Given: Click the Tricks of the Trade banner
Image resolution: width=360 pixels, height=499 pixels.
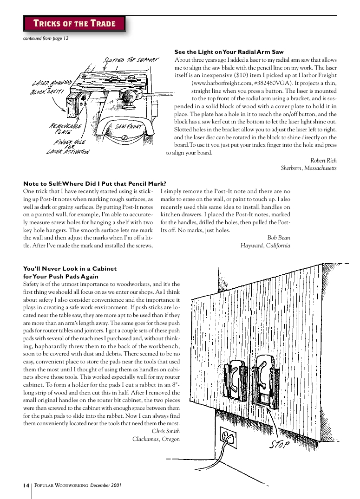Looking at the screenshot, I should click(74, 23).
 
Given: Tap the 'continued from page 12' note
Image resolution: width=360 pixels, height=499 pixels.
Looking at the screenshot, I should click(46, 39).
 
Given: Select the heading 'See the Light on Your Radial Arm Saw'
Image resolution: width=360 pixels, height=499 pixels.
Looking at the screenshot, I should click(229, 52).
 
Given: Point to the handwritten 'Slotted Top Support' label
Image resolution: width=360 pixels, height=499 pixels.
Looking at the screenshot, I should click(131, 60).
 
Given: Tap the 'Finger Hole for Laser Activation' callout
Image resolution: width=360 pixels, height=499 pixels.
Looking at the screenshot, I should click(68, 147).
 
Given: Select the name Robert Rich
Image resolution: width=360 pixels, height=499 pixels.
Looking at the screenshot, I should click(323, 161).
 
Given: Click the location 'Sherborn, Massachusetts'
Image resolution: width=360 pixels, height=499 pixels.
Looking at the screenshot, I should click(308, 168).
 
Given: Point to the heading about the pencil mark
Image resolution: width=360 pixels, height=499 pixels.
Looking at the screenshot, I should click(95, 184).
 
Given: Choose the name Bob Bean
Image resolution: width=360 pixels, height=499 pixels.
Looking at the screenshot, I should click(279, 238).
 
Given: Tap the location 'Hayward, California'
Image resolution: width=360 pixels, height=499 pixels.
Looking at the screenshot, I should click(265, 246).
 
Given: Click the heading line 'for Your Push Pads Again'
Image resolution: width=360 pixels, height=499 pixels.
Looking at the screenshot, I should click(61, 276).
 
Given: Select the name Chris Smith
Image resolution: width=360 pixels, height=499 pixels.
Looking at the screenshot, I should click(166, 431).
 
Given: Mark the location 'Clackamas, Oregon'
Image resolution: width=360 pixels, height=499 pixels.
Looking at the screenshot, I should click(156, 439).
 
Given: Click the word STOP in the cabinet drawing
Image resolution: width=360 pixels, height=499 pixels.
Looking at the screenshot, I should click(280, 445).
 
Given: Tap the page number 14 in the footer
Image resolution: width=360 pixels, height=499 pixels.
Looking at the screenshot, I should click(26, 486).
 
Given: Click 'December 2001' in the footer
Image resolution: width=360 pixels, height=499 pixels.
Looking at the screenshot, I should click(106, 486).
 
